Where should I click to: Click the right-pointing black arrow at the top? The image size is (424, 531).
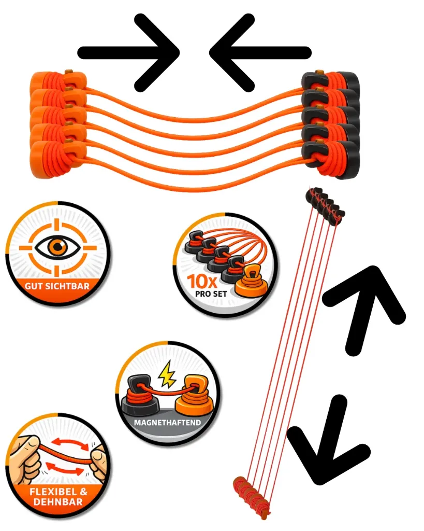(128, 52)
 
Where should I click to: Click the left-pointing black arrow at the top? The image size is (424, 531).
(260, 52)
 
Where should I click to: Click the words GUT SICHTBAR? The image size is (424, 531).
(57, 286)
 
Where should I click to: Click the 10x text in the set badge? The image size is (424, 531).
(202, 281)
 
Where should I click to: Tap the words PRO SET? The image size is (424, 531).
(211, 294)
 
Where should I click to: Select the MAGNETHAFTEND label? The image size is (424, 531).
(167, 423)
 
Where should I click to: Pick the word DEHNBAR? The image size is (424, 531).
(58, 502)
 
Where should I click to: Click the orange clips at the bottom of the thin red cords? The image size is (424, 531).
(252, 495)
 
